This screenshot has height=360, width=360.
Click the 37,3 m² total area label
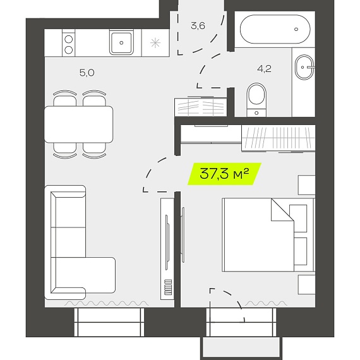pyautogui.click(x=224, y=174)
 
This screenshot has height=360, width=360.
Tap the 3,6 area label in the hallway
pyautogui.click(x=198, y=26)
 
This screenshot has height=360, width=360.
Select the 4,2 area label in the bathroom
pyautogui.click(x=264, y=68)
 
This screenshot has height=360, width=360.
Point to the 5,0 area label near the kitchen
pyautogui.click(x=87, y=73)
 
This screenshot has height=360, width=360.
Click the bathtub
pyautogui.click(x=275, y=29)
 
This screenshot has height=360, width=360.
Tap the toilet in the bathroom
pyautogui.click(x=256, y=100)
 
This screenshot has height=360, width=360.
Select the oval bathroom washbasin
pyautogui.click(x=304, y=67)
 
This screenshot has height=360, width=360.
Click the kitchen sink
pyautogui.click(x=121, y=43)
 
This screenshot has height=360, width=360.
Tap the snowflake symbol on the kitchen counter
pyautogui.click(x=155, y=43)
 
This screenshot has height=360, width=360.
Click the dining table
pyautogui.click(x=78, y=124)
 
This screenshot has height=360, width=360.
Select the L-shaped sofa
pyautogui.click(x=80, y=243)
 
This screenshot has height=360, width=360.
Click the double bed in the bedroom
pyautogui.click(x=268, y=235)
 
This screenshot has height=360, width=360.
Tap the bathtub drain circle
pyautogui.click(x=296, y=29)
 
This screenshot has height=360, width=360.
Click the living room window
pyautogui.click(x=109, y=322)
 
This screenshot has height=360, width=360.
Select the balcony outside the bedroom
pyautogui.click(x=241, y=347)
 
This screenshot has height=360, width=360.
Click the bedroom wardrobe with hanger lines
pyautogui.click(x=279, y=138)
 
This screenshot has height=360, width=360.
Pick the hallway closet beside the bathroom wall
pyautogui.click(x=201, y=107)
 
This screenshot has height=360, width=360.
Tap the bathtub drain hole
pyautogui.click(x=296, y=29)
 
